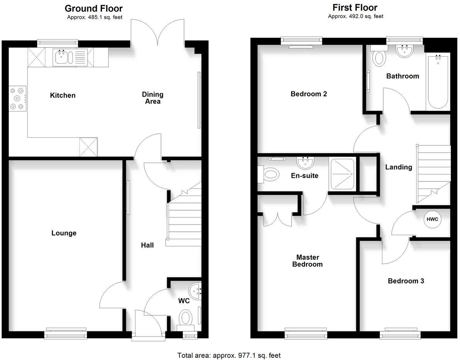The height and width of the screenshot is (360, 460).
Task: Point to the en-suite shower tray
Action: tap(341, 174)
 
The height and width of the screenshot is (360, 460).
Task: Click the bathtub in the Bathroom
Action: tap(437, 83)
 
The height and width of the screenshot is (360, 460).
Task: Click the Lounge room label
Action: tap(64, 233)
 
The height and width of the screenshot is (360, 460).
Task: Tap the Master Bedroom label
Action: tap(307, 261)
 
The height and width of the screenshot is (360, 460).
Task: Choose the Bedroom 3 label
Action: tap(406, 281)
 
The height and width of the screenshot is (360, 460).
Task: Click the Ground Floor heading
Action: tap(93, 8)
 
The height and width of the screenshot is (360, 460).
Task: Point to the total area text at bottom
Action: tap(229, 355)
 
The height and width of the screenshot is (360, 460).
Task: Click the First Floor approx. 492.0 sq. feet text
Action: tap(355, 16)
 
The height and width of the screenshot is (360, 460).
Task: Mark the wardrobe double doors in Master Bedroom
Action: tap(277, 218)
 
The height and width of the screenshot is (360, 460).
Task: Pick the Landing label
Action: tap(399, 167)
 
